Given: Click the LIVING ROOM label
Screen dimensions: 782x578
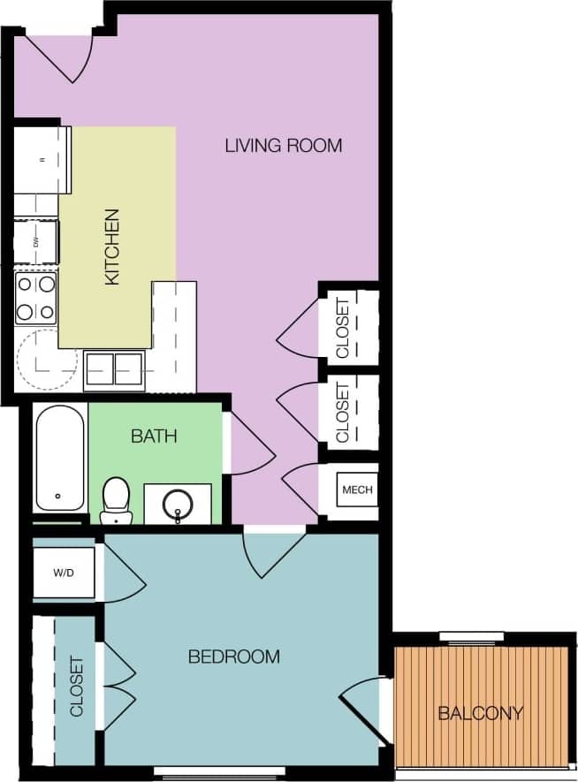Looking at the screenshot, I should (x=283, y=146).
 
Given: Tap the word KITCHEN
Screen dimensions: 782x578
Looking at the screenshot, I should (x=112, y=247).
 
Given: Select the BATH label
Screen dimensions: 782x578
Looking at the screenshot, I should (x=154, y=436).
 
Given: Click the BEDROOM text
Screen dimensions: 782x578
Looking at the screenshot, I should (x=234, y=657).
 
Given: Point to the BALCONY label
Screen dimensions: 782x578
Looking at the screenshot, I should (x=481, y=713).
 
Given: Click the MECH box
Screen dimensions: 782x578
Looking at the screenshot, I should (x=357, y=490).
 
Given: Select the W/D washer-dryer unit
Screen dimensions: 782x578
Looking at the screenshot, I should (x=64, y=573).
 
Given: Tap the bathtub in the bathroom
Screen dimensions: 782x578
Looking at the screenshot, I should (x=60, y=458).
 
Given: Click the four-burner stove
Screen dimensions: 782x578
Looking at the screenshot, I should (x=36, y=298).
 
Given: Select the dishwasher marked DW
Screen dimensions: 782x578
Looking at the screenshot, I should (x=36, y=241).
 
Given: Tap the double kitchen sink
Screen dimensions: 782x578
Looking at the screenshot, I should (x=114, y=368).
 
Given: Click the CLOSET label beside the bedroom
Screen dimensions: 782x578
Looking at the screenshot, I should (x=76, y=687).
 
